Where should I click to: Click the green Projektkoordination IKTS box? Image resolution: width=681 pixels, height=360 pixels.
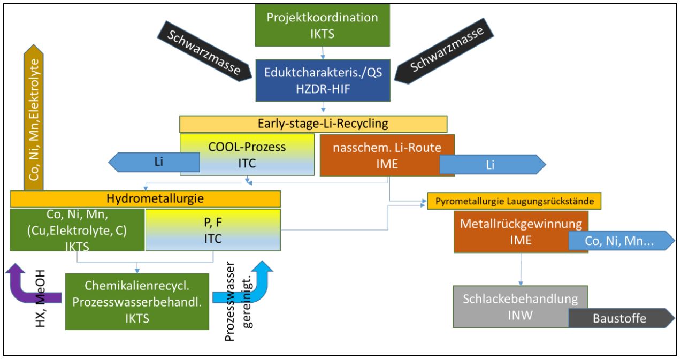click(x=322, y=24)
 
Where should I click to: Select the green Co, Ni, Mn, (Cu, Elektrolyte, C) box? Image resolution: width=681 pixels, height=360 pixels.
click(x=78, y=229)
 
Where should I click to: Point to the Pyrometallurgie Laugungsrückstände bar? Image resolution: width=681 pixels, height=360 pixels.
click(x=515, y=201)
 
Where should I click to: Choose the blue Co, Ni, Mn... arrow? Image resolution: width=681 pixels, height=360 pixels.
click(x=621, y=242)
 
